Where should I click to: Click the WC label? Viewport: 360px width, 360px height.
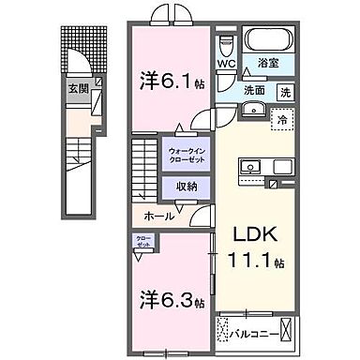click(226, 65)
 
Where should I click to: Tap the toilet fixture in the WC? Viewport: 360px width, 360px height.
click(226, 44)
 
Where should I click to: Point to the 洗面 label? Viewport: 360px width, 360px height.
click(253, 92)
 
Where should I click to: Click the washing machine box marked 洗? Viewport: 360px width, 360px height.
click(285, 92)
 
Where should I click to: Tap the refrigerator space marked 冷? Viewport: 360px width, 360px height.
click(280, 119)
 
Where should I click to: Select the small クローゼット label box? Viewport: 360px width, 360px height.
click(142, 241)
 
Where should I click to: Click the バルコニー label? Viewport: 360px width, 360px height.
click(255, 331)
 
